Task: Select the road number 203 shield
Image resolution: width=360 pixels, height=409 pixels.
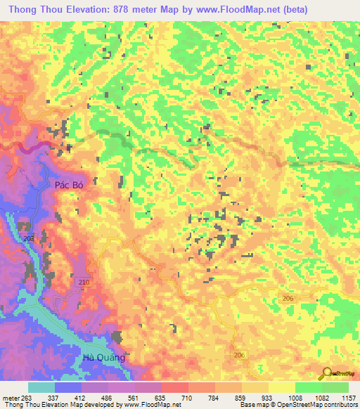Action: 27,240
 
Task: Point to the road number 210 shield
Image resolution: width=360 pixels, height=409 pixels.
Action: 84,282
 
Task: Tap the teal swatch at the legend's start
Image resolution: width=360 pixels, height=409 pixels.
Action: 41,387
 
